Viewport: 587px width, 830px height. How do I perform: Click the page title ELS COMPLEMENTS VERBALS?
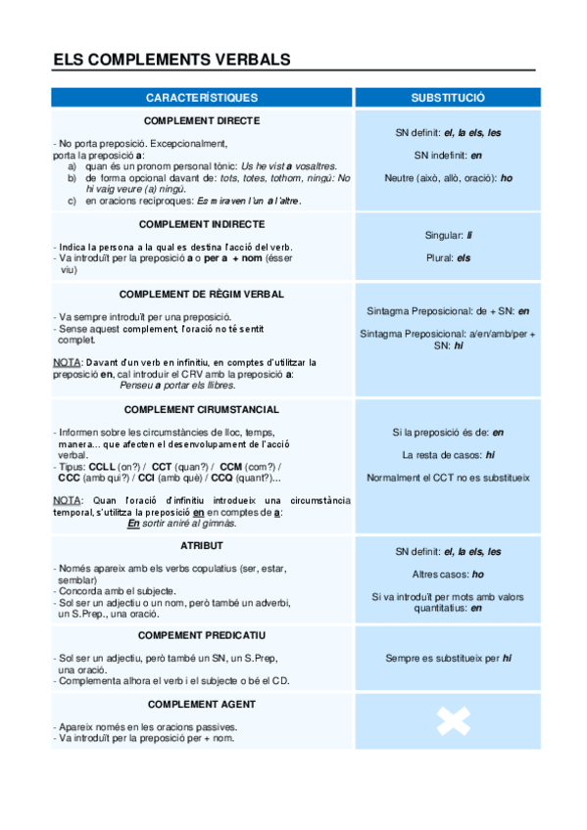[x=171, y=60]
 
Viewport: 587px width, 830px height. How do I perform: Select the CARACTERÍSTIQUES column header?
[x=202, y=98]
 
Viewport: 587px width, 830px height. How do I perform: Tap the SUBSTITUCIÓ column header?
[x=448, y=98]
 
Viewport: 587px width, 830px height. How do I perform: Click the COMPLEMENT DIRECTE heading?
[x=202, y=120]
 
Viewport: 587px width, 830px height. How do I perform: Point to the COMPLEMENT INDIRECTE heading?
[x=202, y=224]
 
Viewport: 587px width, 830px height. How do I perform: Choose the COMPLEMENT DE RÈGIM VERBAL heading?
[x=202, y=294]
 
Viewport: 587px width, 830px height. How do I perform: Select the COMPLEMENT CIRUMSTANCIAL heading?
[x=202, y=409]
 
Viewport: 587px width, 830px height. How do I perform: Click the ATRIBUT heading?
[x=202, y=544]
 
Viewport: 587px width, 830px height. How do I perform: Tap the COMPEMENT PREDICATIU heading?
[x=202, y=635]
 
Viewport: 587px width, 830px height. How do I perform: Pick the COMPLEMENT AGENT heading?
[x=202, y=704]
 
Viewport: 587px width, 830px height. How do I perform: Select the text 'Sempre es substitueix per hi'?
[x=448, y=659]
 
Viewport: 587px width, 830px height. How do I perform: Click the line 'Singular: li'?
[x=448, y=235]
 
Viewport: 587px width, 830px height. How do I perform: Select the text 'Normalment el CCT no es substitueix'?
[x=448, y=478]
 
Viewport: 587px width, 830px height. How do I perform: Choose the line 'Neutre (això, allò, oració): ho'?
[x=448, y=178]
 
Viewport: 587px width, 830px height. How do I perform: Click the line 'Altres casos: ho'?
[x=448, y=575]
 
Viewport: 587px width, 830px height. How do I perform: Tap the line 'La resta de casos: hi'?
[x=448, y=455]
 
